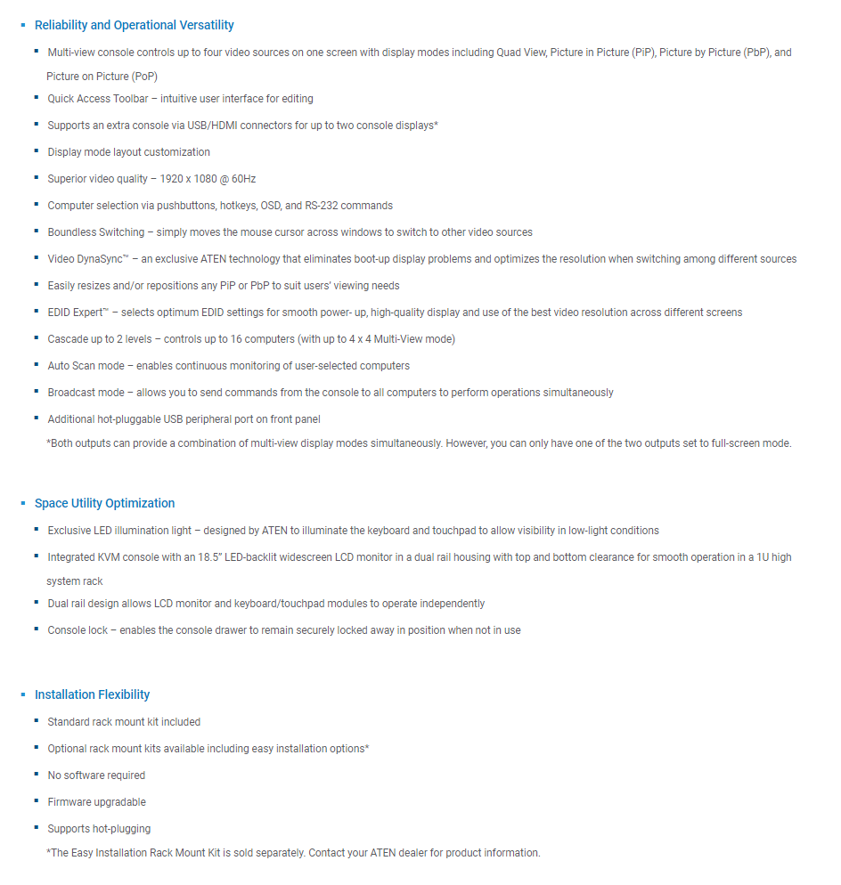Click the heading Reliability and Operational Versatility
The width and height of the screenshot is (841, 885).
click(134, 26)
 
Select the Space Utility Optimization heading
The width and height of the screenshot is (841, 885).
click(104, 504)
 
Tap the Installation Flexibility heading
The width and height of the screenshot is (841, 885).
click(92, 695)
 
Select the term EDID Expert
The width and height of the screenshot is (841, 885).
click(77, 313)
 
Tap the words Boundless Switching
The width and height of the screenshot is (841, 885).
click(95, 232)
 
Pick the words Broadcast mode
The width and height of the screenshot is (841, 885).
click(86, 393)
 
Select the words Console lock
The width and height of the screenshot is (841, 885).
click(79, 630)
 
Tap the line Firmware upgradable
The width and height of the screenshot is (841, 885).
click(96, 802)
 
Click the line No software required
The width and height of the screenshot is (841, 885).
click(96, 775)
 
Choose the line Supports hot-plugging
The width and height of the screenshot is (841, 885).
click(99, 829)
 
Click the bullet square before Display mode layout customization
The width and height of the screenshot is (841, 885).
click(37, 152)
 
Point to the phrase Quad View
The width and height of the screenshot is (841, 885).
click(519, 53)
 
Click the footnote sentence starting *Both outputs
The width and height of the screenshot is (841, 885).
click(419, 443)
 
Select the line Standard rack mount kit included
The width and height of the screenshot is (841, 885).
click(124, 722)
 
